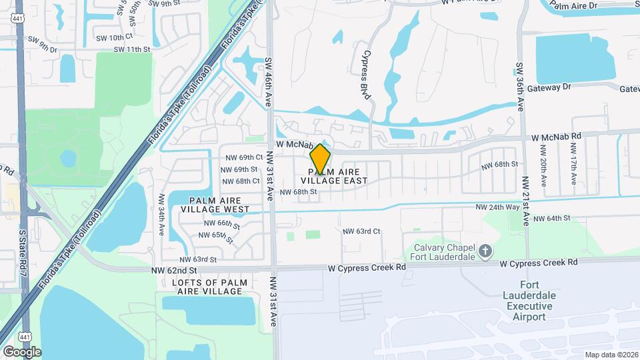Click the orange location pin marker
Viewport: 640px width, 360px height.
click(x=321, y=159)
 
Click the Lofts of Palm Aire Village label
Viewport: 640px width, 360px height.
click(x=205, y=287)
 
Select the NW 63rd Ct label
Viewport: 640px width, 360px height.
click(x=361, y=231)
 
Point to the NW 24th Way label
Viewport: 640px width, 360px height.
click(x=497, y=207)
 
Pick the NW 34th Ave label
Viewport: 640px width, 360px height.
click(x=162, y=215)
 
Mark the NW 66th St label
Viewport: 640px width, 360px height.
click(x=219, y=223)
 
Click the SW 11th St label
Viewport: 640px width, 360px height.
click(x=132, y=49)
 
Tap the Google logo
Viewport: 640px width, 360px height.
click(x=22, y=351)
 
